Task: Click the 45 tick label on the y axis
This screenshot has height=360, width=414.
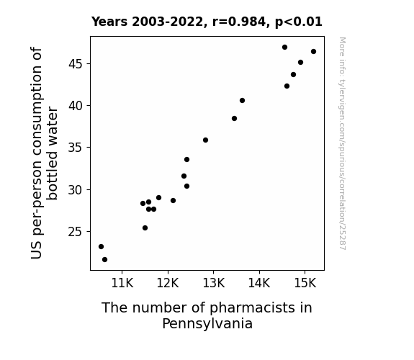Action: [x=76, y=64]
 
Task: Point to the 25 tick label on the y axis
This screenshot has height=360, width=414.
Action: [x=76, y=232]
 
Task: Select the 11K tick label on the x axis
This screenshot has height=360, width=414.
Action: [x=122, y=283]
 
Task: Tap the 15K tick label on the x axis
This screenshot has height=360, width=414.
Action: [x=305, y=283]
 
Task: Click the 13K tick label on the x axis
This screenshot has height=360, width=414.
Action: [x=214, y=283]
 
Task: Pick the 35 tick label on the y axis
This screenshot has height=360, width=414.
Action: [x=76, y=148]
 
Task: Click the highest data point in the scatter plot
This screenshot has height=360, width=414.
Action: [x=284, y=48]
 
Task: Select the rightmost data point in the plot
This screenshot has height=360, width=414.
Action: [x=313, y=52]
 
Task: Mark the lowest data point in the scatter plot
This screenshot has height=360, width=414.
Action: [x=104, y=260]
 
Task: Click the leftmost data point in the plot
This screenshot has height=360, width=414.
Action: [x=101, y=247]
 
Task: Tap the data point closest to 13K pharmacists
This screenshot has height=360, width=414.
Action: [x=205, y=140]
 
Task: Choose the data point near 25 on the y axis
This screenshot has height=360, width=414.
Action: [x=145, y=228]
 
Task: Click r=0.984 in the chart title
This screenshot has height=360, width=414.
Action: [x=239, y=22]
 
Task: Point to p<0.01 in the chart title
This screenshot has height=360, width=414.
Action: [x=299, y=22]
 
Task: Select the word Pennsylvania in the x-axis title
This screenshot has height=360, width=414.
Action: [x=207, y=323]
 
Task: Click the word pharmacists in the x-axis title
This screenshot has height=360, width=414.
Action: [x=252, y=308]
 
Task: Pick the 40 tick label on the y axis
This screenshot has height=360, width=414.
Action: [x=76, y=106]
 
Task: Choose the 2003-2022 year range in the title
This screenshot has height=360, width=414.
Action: [x=167, y=22]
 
